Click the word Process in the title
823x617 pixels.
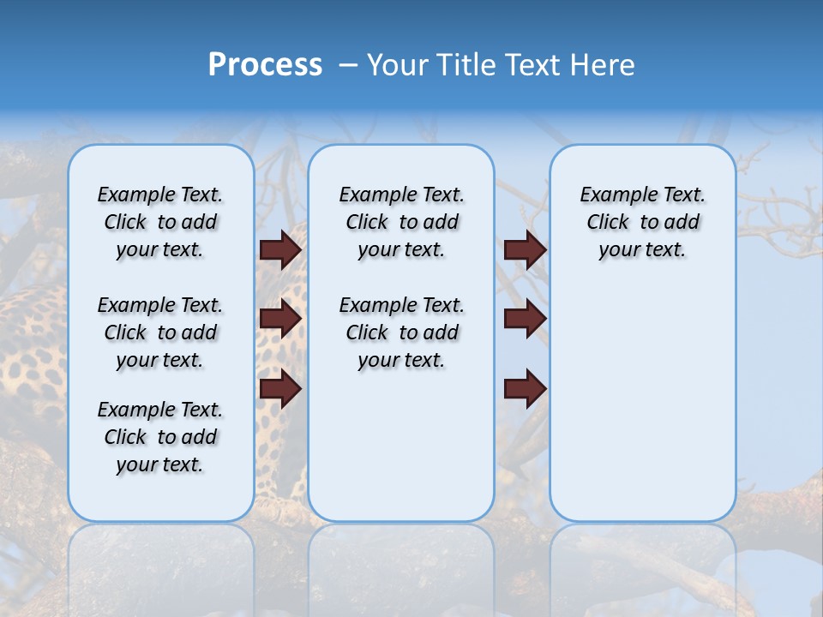[x=265, y=65]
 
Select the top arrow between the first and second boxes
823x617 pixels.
[x=280, y=250]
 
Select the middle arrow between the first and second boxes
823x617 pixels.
[x=280, y=320]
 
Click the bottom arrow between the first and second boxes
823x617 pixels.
[x=280, y=389]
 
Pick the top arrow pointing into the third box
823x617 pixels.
[x=525, y=250]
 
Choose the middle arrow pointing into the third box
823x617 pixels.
[x=525, y=320]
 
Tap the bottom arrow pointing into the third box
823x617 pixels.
[x=525, y=389]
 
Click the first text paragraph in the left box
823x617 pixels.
[x=160, y=222]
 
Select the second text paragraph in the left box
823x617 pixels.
[x=160, y=332]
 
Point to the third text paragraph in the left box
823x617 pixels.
[x=160, y=437]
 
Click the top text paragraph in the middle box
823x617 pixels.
[x=402, y=222]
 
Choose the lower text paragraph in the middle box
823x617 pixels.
[x=402, y=332]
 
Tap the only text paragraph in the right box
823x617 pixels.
[x=643, y=222]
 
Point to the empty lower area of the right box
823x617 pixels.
[x=643, y=403]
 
